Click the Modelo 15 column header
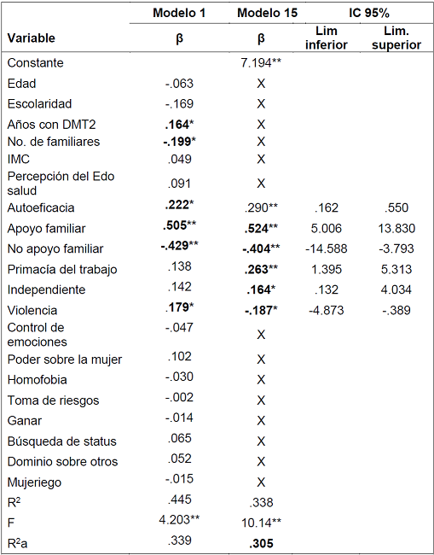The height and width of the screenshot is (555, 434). click(261, 14)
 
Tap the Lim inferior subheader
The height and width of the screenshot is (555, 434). click(326, 38)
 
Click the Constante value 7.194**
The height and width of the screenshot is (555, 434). click(261, 63)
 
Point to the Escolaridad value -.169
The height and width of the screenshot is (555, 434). click(179, 104)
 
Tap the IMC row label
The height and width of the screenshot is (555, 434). click(18, 159)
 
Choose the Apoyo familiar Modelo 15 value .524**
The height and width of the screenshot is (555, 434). click(261, 228)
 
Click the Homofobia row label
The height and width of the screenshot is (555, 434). click(37, 379)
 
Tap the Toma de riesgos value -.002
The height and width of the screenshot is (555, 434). click(179, 400)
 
